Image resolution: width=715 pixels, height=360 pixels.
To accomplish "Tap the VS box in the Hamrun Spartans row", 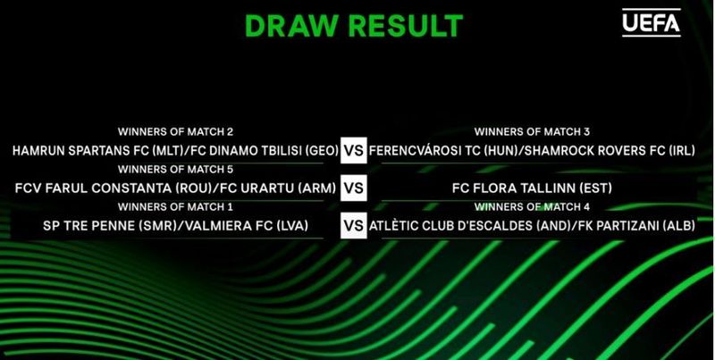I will click(354, 152).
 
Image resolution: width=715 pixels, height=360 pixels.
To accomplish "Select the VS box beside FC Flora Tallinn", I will click(354, 188).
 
